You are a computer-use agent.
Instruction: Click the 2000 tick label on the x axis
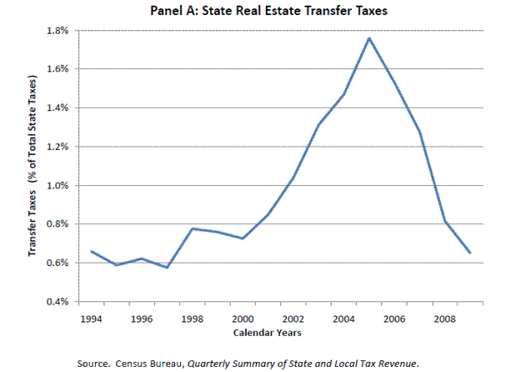(243, 319)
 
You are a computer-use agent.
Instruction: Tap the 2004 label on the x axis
(344, 319)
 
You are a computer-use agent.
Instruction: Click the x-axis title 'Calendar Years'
(268, 333)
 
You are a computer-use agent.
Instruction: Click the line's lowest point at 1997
(167, 268)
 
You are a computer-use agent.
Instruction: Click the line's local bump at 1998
(193, 228)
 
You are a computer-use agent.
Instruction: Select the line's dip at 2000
(243, 238)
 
